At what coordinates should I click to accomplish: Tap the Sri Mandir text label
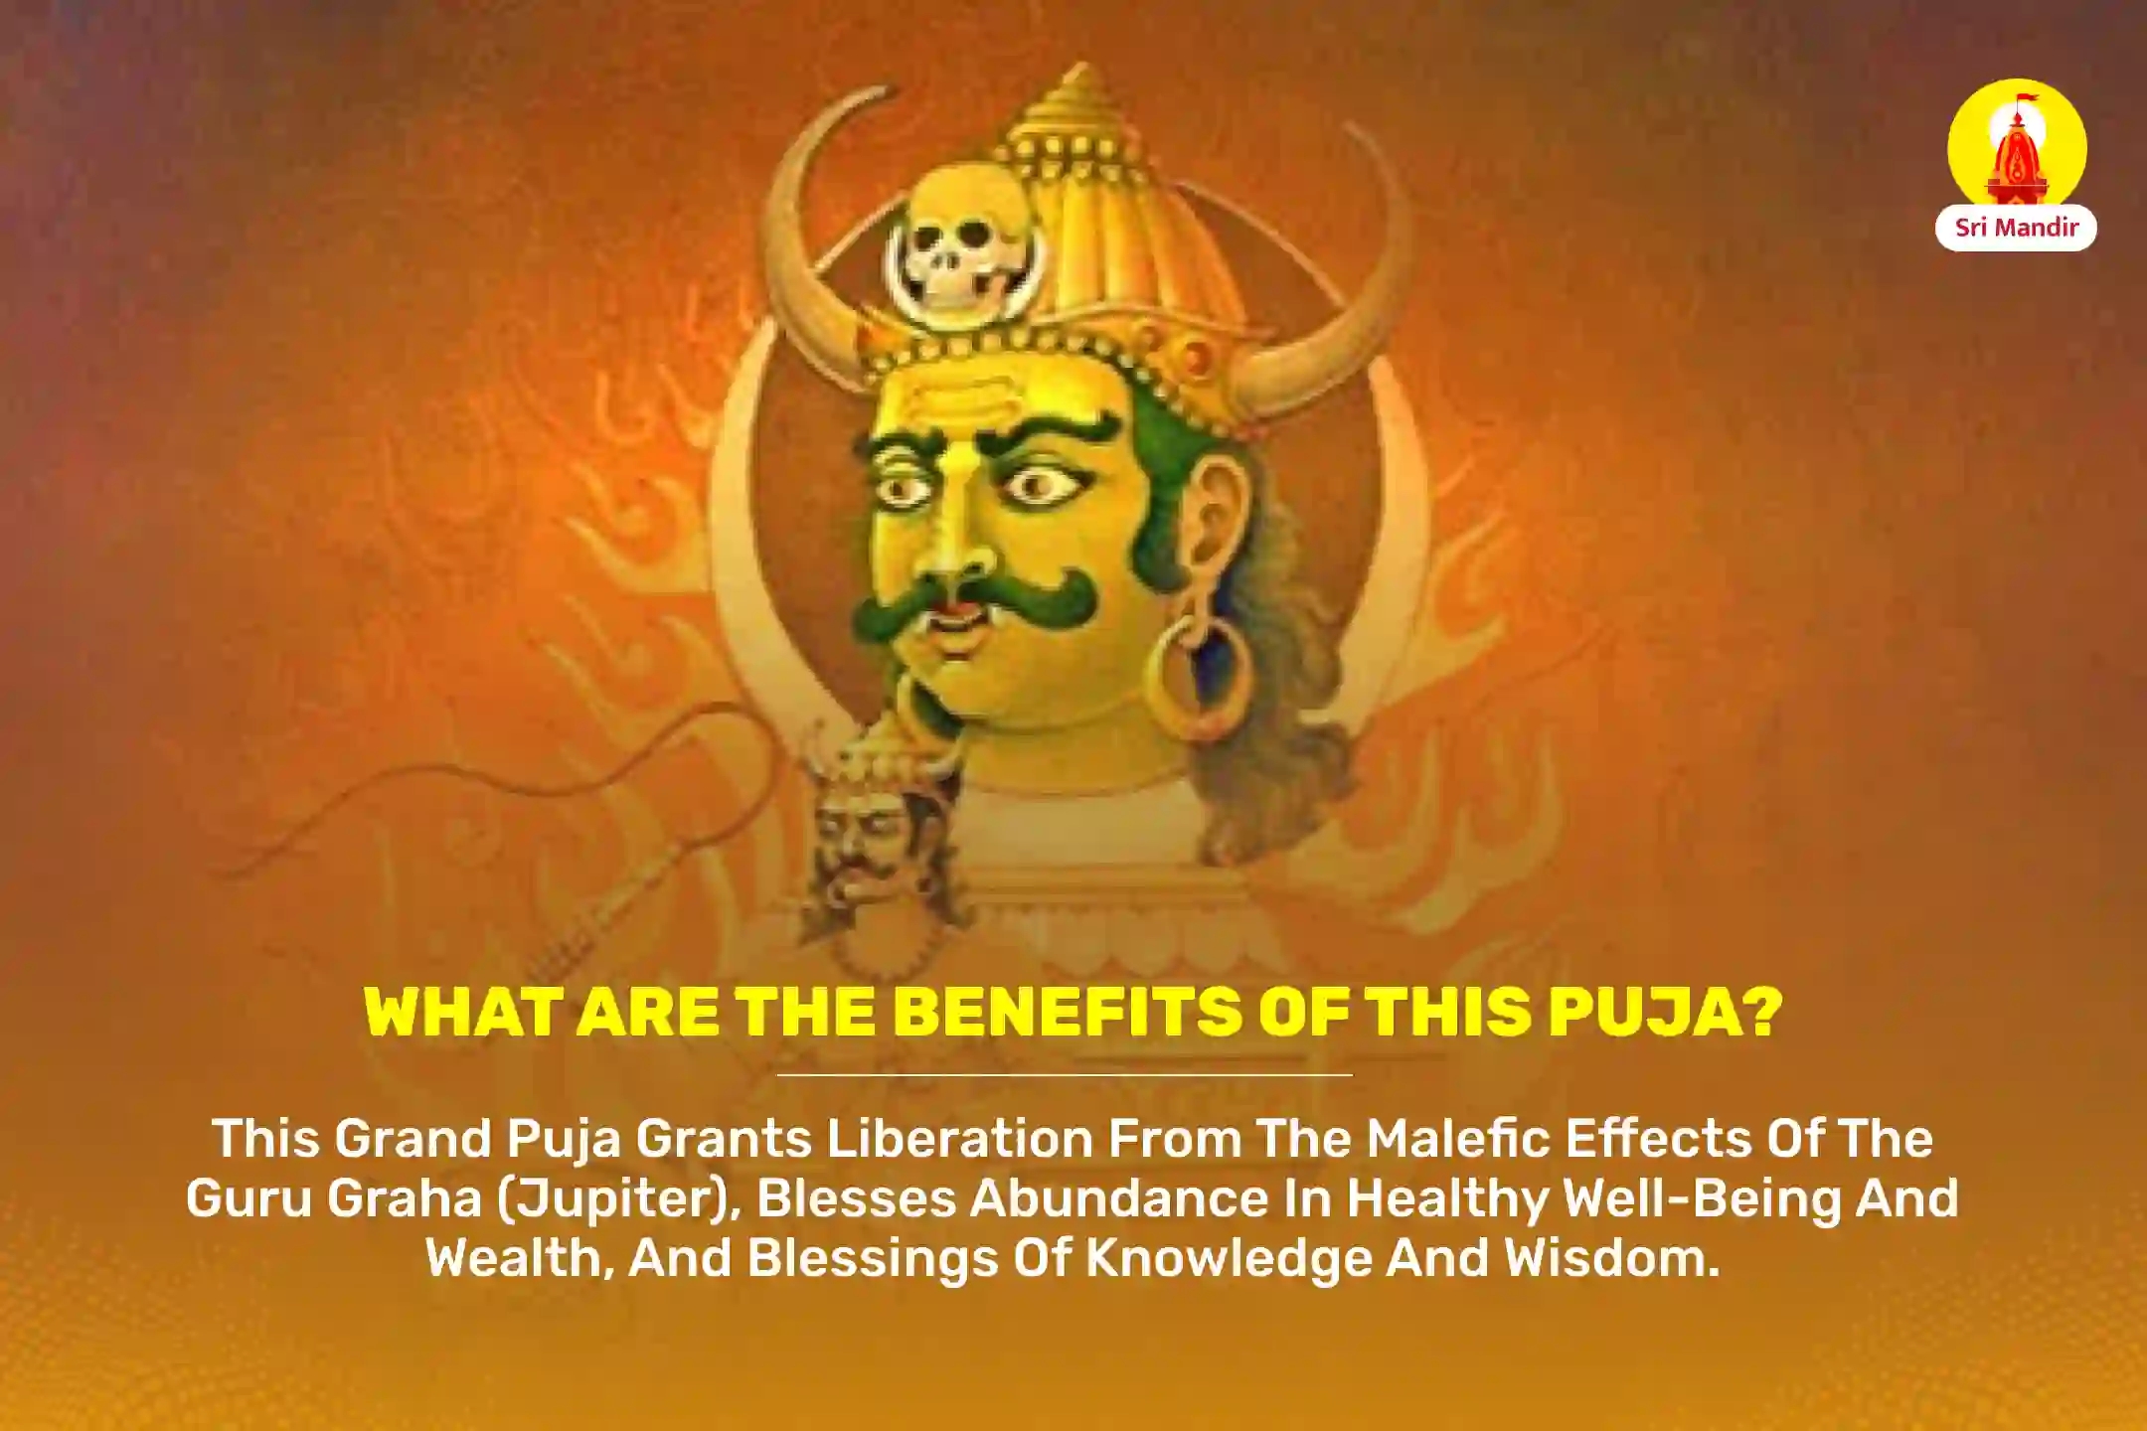coord(2017,228)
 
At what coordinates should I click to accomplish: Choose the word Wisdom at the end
coord(1611,1258)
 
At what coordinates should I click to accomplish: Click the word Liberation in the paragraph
coord(960,1139)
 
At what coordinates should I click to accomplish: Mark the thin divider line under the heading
coord(1064,1074)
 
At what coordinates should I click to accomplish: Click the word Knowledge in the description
coord(1229,1258)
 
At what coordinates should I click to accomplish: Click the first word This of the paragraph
coord(265,1139)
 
